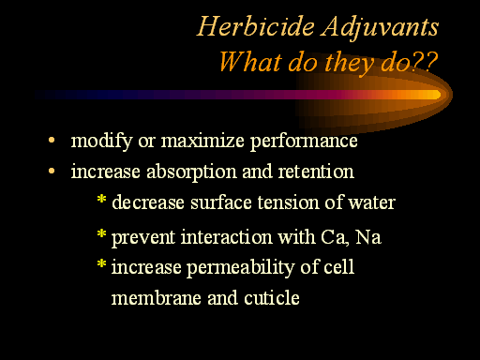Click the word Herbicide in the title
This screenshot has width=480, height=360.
[256, 26]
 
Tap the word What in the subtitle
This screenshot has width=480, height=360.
[250, 62]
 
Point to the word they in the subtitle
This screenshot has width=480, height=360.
[350, 64]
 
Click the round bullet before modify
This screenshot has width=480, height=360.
[52, 140]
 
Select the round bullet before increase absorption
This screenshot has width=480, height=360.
[52, 171]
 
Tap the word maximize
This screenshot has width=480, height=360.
[202, 141]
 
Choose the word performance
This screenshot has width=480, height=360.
[304, 142]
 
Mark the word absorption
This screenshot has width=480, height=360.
[191, 172]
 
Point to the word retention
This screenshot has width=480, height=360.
[316, 172]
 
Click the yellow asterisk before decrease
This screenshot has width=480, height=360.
[101, 199]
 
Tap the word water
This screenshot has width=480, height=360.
[372, 203]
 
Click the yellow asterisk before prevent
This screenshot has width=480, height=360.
[101, 233]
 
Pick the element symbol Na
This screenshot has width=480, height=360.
[368, 237]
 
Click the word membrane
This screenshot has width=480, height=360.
[157, 297]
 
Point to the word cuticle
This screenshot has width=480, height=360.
[272, 297]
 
